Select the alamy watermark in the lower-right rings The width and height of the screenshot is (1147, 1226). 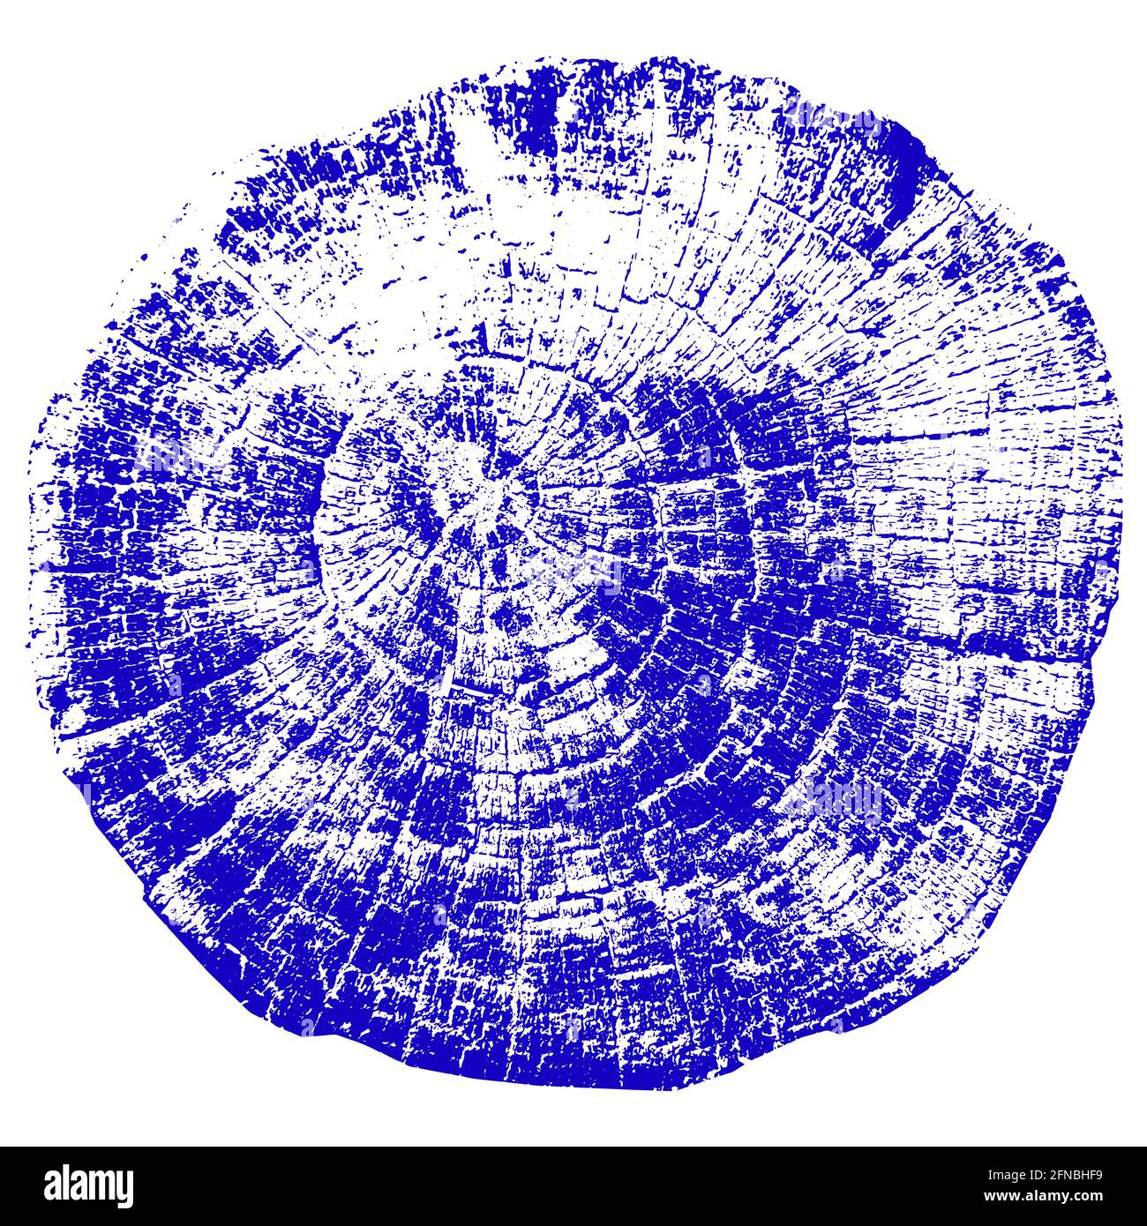click(x=834, y=798)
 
